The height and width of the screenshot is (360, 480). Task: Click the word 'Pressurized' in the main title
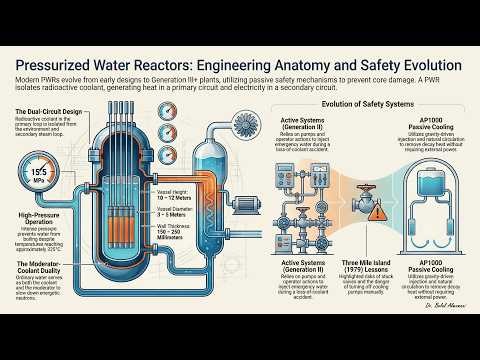click(x=66, y=64)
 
